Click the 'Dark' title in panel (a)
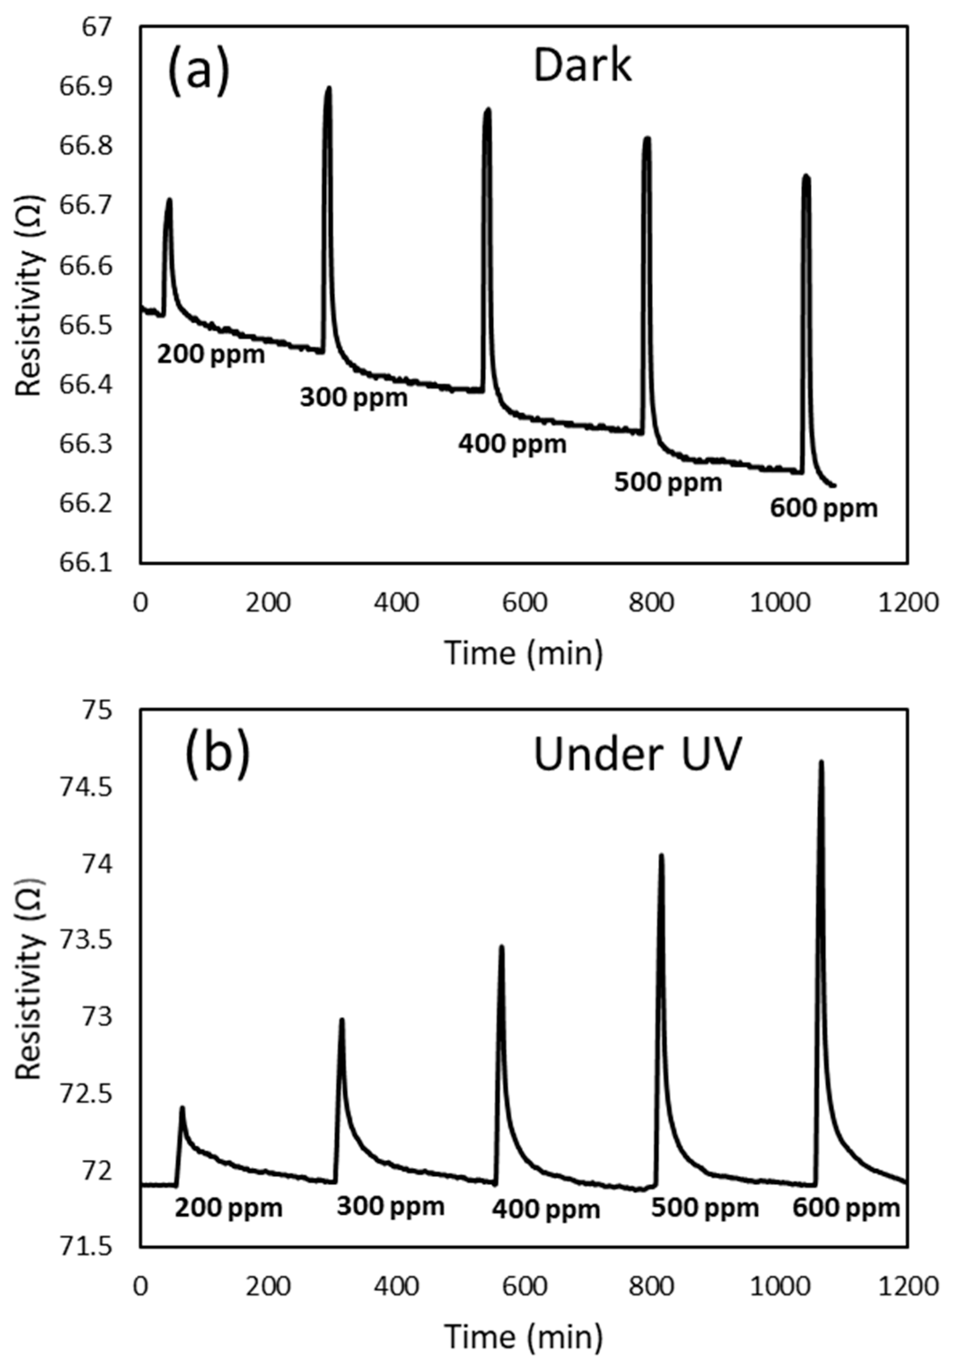point(581,66)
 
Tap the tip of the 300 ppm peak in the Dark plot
point(328,88)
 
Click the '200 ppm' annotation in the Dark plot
point(210,355)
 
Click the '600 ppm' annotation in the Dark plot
point(824,508)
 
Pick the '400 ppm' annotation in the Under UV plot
point(546,1210)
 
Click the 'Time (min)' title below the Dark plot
point(524,653)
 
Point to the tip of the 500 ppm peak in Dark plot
point(647,138)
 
